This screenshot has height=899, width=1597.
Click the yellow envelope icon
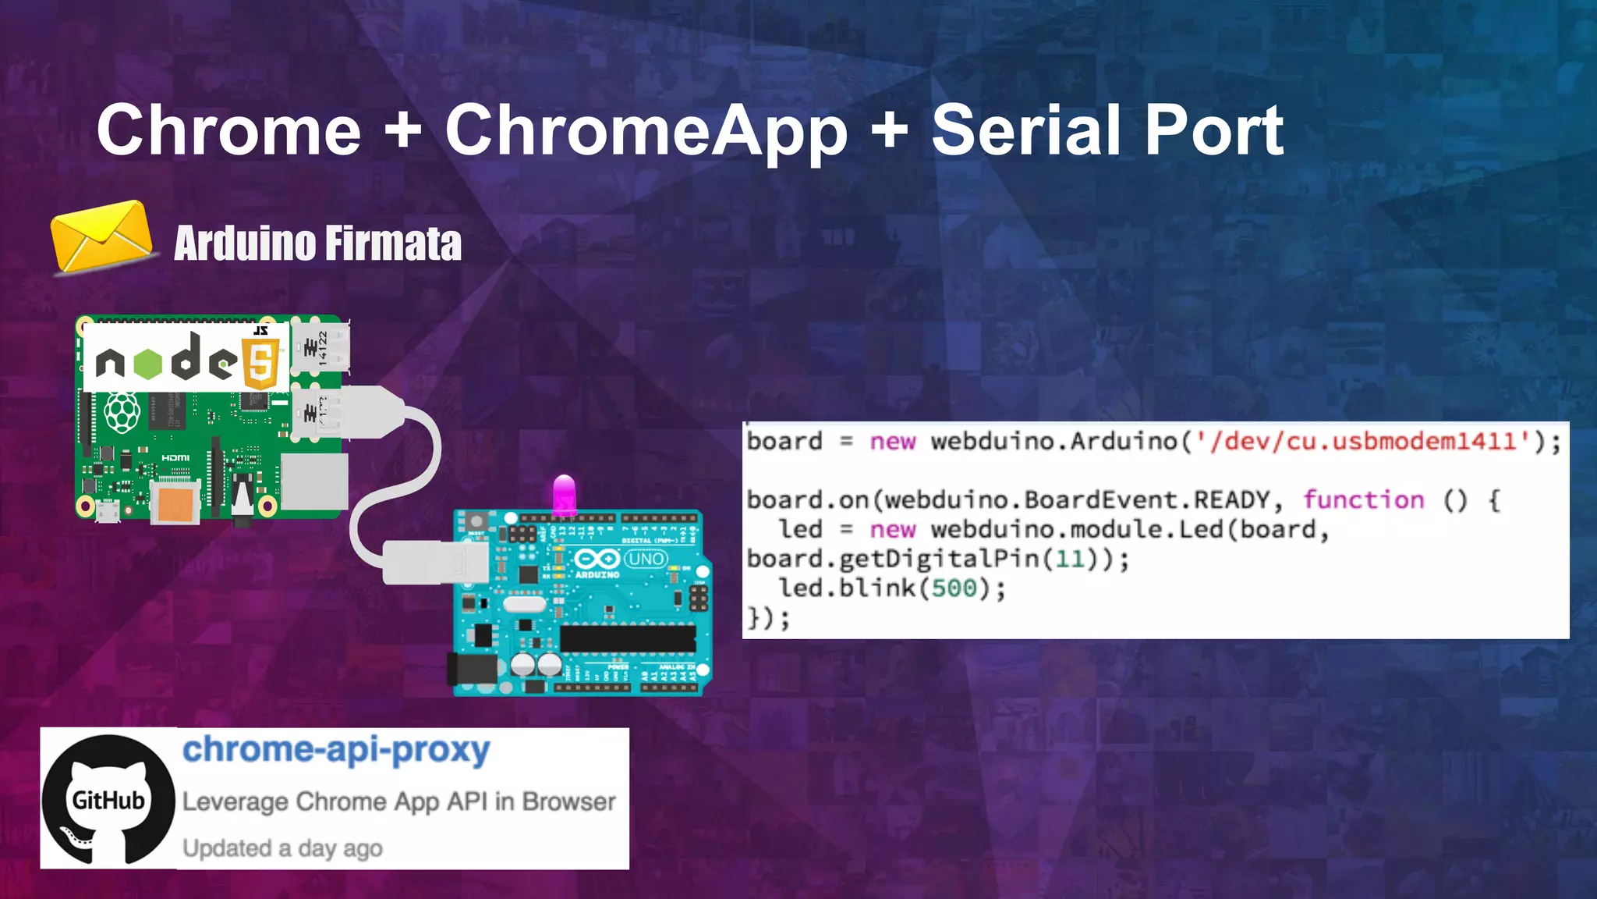[x=101, y=236]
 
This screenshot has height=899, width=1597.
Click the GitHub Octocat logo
[x=108, y=799]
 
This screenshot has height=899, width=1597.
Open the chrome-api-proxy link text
[x=336, y=749]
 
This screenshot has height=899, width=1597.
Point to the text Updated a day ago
[x=282, y=848]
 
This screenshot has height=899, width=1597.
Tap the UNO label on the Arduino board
[x=646, y=559]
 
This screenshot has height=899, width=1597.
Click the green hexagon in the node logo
[x=148, y=363]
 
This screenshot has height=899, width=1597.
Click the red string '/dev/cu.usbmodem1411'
[x=1365, y=442]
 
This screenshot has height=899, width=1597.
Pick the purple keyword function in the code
[x=1363, y=499]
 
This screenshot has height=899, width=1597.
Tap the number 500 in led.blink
[x=954, y=588]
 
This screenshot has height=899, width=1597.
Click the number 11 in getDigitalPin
[x=1069, y=559]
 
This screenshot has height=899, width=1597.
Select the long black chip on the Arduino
[x=628, y=638]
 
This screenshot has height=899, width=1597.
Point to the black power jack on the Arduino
[x=473, y=670]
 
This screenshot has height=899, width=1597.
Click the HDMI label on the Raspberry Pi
[x=175, y=458]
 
